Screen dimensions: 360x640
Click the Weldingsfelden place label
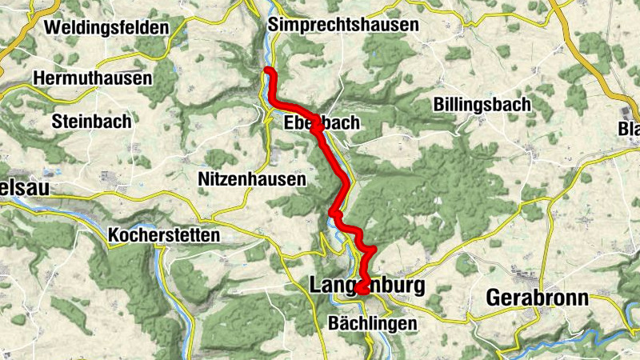tap(106, 27)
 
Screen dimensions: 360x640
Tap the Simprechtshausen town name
tap(344, 25)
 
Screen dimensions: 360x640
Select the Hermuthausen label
tap(93, 78)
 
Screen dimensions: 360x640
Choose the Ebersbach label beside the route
tap(322, 123)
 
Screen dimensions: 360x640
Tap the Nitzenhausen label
tap(251, 180)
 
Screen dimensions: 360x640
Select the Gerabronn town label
tap(538, 298)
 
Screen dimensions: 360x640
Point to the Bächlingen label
tap(373, 323)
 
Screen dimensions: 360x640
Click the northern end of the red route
tap(268, 72)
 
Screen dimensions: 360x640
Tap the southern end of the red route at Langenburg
tap(359, 289)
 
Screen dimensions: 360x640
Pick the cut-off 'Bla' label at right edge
tap(629, 130)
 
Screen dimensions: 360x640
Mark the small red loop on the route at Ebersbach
tap(317, 126)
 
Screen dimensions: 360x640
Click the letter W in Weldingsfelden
tap(53, 27)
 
